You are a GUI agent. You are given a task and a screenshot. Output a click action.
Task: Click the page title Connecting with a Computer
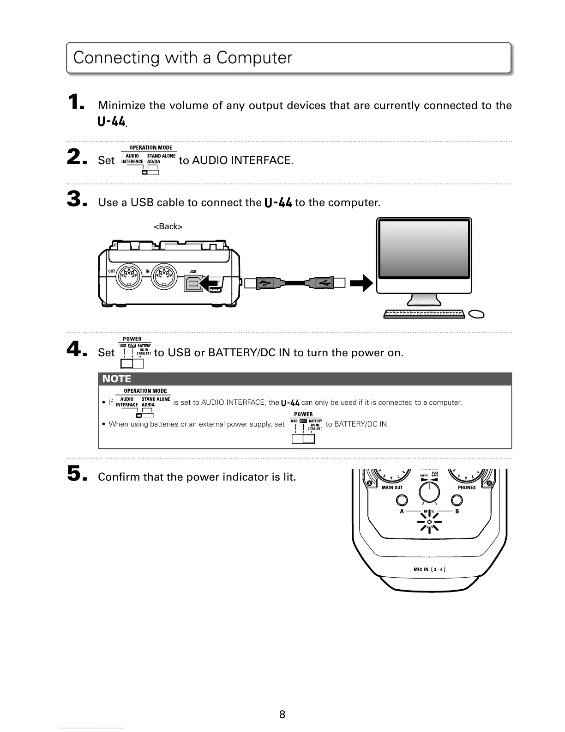183,58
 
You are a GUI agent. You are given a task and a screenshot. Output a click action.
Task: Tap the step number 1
75,102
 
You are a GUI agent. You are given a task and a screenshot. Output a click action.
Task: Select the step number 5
75,473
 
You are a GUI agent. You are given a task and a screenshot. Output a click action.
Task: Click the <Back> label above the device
168,226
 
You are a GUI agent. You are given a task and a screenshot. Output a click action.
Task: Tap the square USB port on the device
193,283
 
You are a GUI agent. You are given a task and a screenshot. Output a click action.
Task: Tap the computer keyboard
424,314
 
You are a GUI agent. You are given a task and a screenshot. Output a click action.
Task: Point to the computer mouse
476,314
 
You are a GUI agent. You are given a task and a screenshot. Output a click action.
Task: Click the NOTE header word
116,379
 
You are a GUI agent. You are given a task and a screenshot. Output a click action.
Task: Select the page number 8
282,714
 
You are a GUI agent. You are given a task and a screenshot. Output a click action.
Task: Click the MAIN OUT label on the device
392,488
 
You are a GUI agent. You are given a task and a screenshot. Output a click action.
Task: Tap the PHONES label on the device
467,488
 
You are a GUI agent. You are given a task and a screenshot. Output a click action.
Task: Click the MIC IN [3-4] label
429,569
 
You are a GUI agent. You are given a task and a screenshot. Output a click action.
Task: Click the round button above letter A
402,500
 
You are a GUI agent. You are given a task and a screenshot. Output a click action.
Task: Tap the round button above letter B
457,500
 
